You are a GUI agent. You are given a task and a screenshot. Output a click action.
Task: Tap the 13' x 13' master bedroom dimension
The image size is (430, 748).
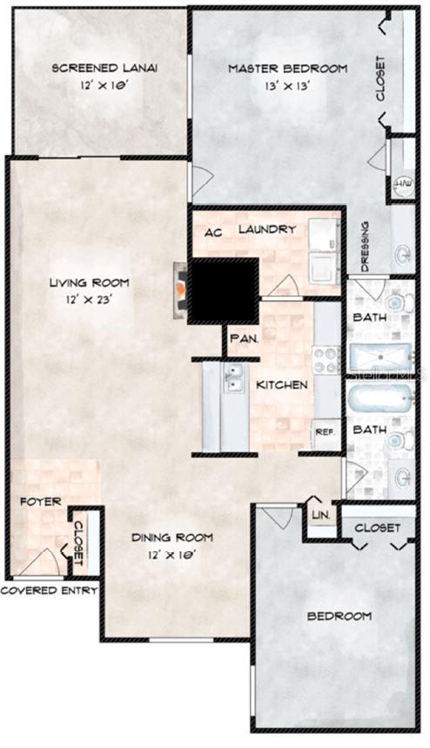[286, 86]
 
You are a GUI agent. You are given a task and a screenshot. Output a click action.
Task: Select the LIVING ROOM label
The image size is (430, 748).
[89, 283]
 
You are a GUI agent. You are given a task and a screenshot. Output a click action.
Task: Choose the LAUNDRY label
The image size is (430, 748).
[267, 230]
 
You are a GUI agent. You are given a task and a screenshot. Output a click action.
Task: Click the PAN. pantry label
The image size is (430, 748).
[241, 338]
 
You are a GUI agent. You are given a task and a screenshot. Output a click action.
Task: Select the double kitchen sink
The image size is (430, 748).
[234, 379]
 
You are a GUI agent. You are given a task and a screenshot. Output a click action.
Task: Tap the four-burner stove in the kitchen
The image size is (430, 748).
[326, 359]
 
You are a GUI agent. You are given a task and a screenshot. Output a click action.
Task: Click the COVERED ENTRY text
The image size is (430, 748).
[48, 591]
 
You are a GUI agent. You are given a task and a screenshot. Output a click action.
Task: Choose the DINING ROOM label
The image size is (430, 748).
[171, 538]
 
